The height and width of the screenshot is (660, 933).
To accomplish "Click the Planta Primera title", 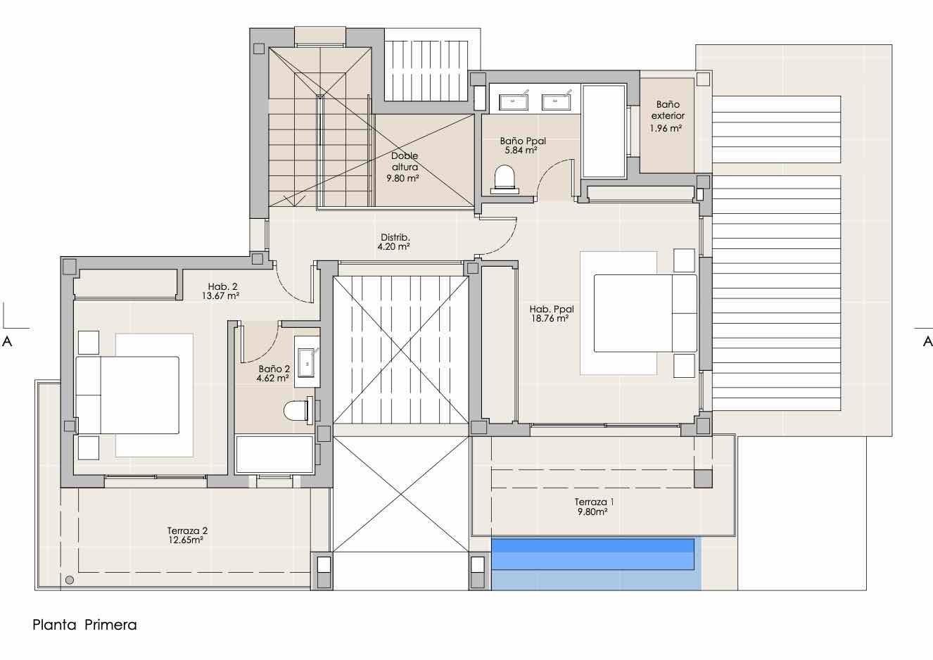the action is (x=84, y=625).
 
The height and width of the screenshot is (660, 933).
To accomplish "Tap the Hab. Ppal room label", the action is (x=552, y=310).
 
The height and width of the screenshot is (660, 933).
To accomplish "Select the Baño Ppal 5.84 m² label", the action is (x=522, y=146).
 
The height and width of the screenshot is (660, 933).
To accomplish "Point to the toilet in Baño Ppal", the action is (x=505, y=179).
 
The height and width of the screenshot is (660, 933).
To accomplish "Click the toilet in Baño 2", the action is (x=298, y=410).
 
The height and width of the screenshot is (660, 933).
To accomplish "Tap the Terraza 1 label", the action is (x=594, y=502).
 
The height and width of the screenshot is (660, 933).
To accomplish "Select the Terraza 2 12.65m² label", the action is (x=187, y=535).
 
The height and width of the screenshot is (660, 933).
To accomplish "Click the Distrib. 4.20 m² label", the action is (x=394, y=242).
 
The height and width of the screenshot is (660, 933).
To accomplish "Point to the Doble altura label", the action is (x=405, y=161).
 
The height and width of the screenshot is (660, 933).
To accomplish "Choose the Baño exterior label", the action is (x=668, y=110).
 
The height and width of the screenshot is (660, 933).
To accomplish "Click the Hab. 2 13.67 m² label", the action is (x=221, y=291).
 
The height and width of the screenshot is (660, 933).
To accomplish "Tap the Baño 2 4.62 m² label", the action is (x=273, y=374).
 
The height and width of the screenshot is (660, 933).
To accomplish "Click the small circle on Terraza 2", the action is (x=70, y=580).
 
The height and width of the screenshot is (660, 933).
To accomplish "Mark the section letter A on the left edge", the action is (x=7, y=342).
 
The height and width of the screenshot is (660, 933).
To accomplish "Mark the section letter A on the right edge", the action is (x=927, y=342).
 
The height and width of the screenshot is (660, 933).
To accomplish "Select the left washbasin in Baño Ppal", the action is (x=513, y=101).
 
